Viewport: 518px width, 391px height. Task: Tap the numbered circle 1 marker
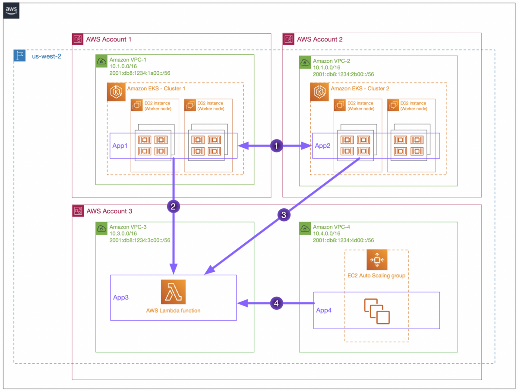click(276, 146)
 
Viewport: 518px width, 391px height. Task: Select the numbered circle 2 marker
click(173, 207)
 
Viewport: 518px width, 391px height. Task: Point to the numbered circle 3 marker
click(284, 214)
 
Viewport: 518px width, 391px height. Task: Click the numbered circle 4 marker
click(276, 304)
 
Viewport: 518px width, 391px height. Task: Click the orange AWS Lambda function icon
click(173, 292)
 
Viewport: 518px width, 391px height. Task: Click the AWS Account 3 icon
click(78, 211)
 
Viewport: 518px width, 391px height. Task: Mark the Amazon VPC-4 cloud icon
click(305, 228)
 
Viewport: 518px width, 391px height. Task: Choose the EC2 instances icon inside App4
click(377, 311)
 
